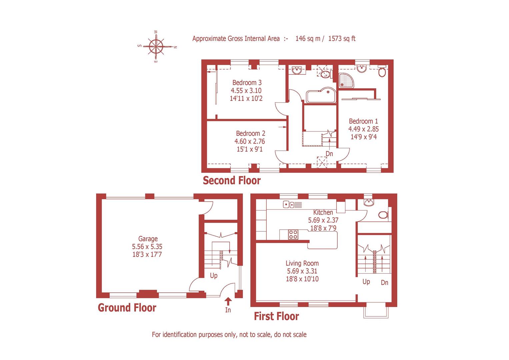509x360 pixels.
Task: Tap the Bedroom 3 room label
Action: [x=247, y=83]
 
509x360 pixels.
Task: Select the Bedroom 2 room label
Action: [x=250, y=133]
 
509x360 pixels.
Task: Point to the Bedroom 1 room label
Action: [x=363, y=121]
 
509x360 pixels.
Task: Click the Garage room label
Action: [x=148, y=239]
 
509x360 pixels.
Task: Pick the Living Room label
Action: [x=302, y=263]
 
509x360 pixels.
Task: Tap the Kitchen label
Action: [x=323, y=212]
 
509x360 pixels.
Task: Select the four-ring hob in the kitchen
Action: [x=293, y=234]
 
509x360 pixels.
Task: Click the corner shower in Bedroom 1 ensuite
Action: [x=347, y=80]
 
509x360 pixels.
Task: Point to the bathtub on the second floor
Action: [x=320, y=96]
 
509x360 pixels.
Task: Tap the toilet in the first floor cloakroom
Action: [x=384, y=215]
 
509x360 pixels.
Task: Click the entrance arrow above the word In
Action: [x=228, y=301]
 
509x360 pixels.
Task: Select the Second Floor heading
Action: [x=232, y=181]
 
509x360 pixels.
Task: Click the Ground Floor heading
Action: [x=127, y=307]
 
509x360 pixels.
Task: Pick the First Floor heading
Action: [x=276, y=316]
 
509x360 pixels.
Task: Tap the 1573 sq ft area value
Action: [x=342, y=39]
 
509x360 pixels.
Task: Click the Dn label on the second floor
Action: [x=329, y=154]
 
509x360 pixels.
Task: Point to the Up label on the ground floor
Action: [x=213, y=276]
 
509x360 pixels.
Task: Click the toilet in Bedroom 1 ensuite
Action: [x=382, y=72]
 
